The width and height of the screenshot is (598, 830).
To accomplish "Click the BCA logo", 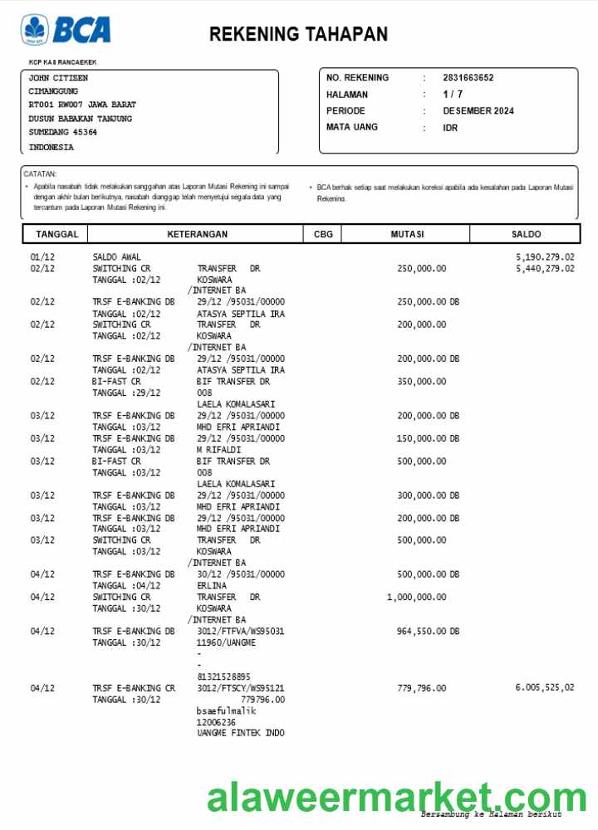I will (66, 30).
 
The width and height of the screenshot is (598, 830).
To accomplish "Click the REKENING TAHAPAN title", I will (298, 34).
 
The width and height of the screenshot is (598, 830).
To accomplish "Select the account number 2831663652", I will (468, 78).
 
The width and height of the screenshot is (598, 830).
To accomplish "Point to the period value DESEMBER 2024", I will (478, 111).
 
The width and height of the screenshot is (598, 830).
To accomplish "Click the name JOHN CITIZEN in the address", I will (58, 78).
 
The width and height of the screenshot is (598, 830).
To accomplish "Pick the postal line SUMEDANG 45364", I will (62, 132).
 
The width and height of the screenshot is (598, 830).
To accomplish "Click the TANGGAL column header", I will (56, 235).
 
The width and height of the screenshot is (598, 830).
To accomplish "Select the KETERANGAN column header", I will (197, 235).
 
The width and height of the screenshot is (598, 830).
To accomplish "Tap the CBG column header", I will (323, 235).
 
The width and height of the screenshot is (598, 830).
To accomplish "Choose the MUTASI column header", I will (407, 235).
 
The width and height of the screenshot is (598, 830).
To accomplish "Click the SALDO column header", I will (526, 235).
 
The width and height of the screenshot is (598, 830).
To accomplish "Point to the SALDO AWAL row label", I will (116, 257).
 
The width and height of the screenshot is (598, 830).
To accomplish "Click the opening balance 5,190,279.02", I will (545, 257).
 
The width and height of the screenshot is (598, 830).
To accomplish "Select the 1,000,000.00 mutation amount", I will (416, 598).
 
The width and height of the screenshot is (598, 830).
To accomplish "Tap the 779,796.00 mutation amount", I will (421, 688).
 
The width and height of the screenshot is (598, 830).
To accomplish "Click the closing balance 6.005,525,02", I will (545, 688).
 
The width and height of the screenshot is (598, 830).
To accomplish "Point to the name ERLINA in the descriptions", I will (212, 586).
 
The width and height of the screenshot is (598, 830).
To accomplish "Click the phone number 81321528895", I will (223, 676).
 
